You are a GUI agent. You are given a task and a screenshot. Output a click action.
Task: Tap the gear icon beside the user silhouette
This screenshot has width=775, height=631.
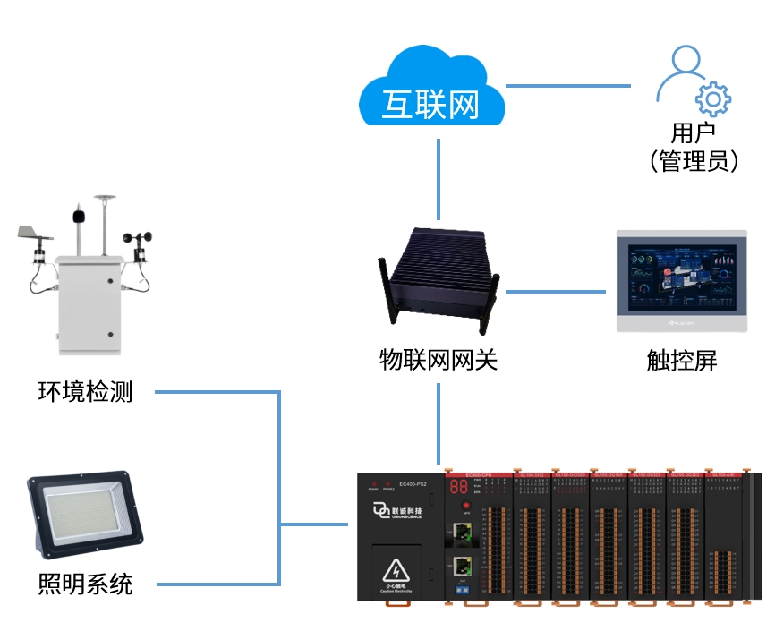(712, 98)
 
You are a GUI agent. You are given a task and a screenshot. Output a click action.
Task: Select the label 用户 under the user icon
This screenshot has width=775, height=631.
(694, 133)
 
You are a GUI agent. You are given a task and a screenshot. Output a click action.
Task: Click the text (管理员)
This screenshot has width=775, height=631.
(694, 161)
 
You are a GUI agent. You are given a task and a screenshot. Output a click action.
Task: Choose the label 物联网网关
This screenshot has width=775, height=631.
(438, 360)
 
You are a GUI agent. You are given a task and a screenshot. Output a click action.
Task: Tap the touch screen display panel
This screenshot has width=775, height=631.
(681, 281)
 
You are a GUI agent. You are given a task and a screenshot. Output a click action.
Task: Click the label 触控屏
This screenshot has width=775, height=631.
(682, 360)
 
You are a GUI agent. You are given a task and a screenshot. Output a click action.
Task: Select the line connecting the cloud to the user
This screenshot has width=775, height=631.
(568, 86)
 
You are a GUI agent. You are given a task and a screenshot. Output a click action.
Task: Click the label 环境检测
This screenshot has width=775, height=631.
(85, 392)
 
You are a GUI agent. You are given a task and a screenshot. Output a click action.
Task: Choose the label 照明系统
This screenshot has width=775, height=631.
(85, 584)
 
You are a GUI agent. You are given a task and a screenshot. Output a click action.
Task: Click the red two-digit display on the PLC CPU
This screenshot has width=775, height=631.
(458, 488)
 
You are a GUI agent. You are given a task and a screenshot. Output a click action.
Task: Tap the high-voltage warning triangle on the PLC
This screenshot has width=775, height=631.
(395, 569)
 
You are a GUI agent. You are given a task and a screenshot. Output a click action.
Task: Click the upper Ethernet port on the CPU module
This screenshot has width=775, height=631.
(463, 532)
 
